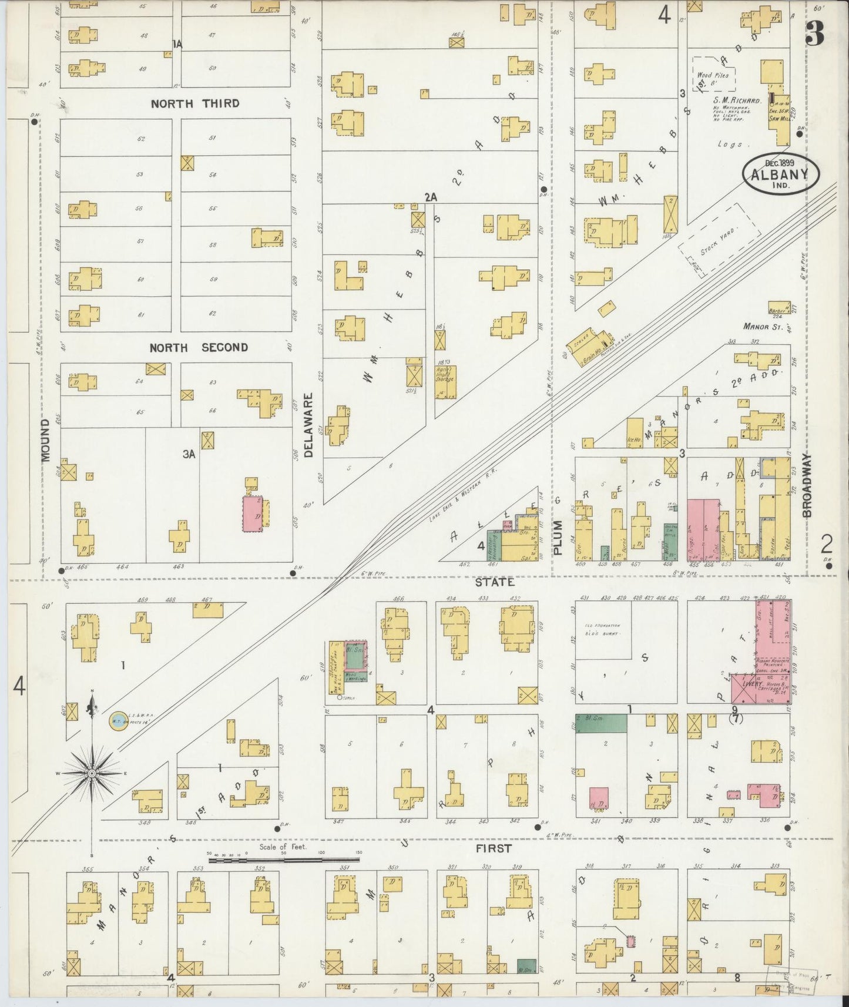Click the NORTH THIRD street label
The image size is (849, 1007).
(195, 104)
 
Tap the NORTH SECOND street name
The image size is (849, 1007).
(198, 348)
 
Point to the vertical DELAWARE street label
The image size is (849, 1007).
(311, 425)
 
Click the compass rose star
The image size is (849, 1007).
(92, 774)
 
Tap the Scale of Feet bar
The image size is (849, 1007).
(284, 860)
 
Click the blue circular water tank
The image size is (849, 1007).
(117, 722)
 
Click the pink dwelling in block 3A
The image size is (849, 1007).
(253, 514)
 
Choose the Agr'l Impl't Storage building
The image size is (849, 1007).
(445, 381)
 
